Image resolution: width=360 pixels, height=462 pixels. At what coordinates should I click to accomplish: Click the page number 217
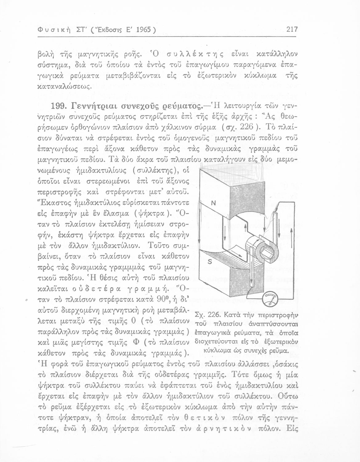(x=291, y=30)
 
